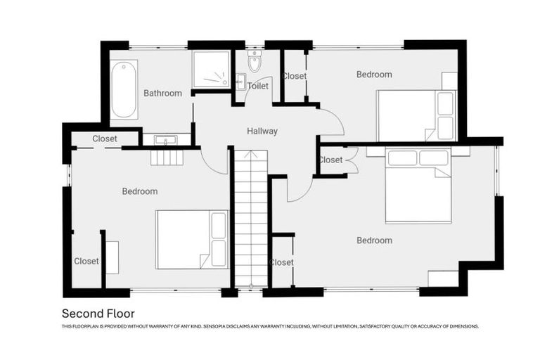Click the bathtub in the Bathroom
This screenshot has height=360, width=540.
pyautogui.click(x=124, y=89)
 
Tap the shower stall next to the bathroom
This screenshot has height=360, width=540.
pyautogui.click(x=211, y=69)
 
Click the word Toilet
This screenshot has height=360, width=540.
pyautogui.click(x=258, y=86)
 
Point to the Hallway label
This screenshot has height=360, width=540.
pyautogui.click(x=262, y=131)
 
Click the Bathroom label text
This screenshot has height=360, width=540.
pyautogui.click(x=162, y=93)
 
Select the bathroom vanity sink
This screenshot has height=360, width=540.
pyautogui.click(x=166, y=140)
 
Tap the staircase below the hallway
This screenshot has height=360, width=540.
pyautogui.click(x=250, y=218)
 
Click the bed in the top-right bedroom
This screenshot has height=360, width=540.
pyautogui.click(x=416, y=115)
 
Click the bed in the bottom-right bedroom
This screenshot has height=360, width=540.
pyautogui.click(x=418, y=185)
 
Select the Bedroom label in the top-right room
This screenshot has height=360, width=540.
pyautogui.click(x=374, y=75)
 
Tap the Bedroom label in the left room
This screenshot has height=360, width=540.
pyautogui.click(x=140, y=191)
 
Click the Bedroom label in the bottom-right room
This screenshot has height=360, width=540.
pyautogui.click(x=374, y=240)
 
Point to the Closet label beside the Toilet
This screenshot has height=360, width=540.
pyautogui.click(x=295, y=76)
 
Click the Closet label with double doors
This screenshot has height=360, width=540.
pyautogui.click(x=330, y=160)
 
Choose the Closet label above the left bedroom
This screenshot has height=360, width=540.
pyautogui.click(x=105, y=139)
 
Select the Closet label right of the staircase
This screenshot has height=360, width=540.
pyautogui.click(x=282, y=262)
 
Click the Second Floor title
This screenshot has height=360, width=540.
pyautogui.click(x=98, y=314)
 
